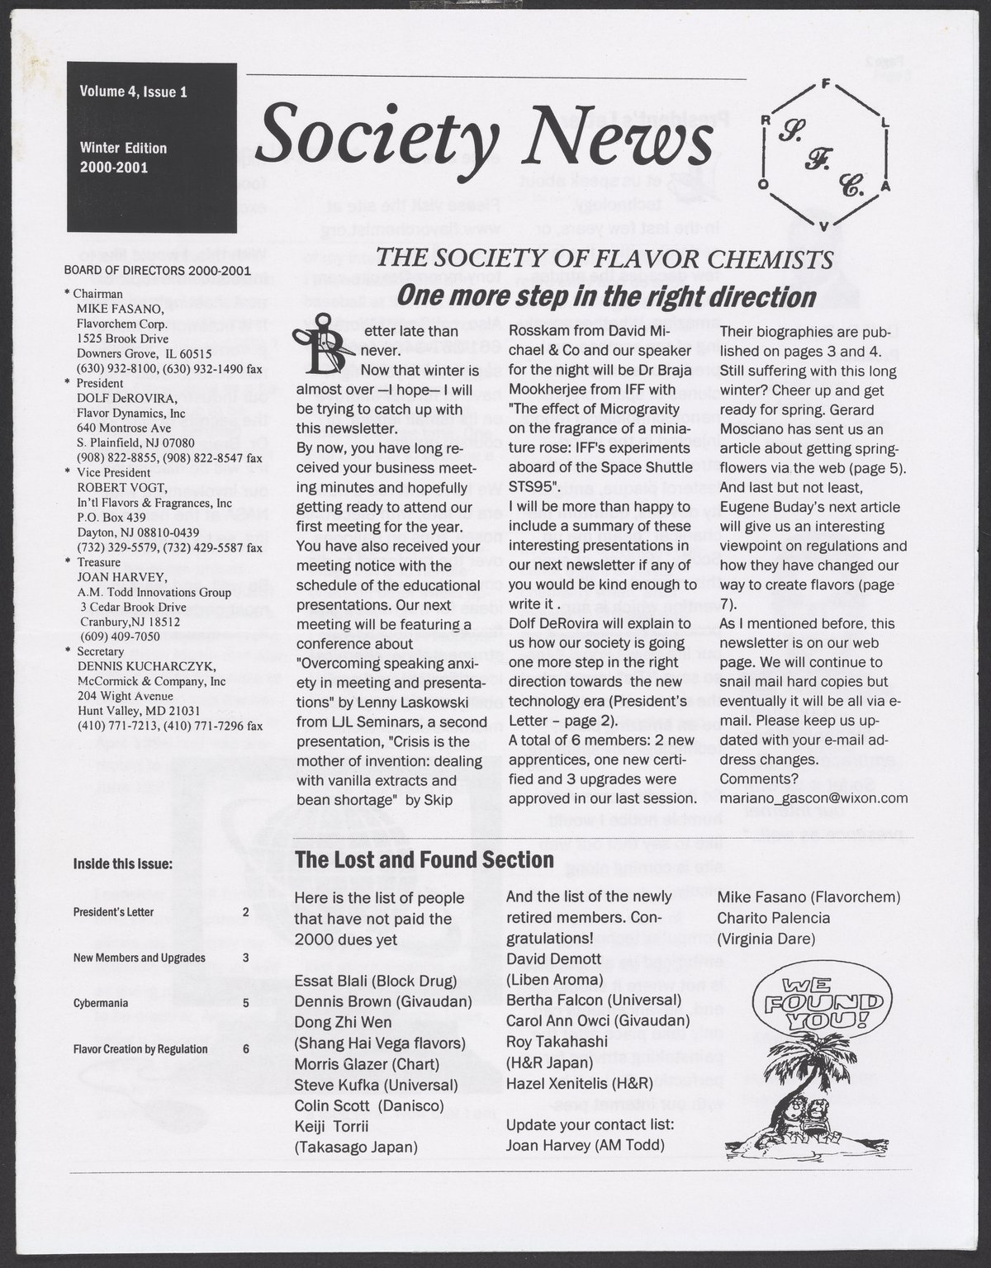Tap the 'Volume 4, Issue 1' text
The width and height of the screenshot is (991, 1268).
click(133, 92)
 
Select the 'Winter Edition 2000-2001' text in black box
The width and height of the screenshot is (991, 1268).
click(124, 157)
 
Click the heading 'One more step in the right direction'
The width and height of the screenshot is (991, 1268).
click(606, 296)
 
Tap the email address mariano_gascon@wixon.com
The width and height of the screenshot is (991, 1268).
click(813, 798)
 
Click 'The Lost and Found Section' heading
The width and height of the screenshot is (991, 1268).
click(424, 859)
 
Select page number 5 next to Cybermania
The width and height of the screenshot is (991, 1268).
click(246, 1004)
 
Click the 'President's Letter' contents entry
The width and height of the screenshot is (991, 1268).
click(113, 913)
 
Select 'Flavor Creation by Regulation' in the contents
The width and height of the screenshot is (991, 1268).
click(140, 1049)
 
